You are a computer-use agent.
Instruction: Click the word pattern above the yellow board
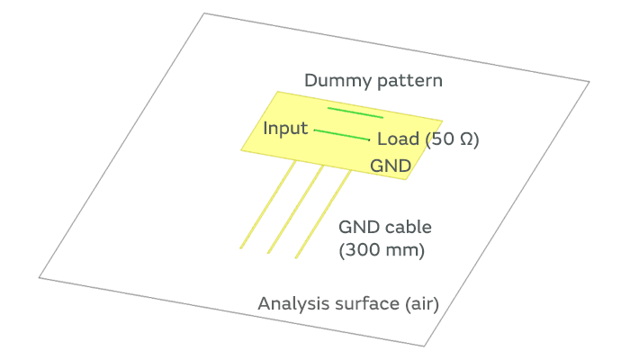410,82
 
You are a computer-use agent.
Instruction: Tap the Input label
285,128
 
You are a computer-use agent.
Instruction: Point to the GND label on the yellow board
391,166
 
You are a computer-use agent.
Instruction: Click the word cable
403,228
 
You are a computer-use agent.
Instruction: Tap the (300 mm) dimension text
381,250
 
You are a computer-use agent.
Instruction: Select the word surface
364,303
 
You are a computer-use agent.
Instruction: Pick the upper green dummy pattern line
355,112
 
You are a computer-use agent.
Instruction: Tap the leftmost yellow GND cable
267,204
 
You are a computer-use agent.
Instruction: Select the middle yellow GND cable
295,209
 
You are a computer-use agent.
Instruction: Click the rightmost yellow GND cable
323,213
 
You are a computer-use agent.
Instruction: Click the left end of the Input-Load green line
315,130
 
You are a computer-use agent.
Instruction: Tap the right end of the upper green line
382,117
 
